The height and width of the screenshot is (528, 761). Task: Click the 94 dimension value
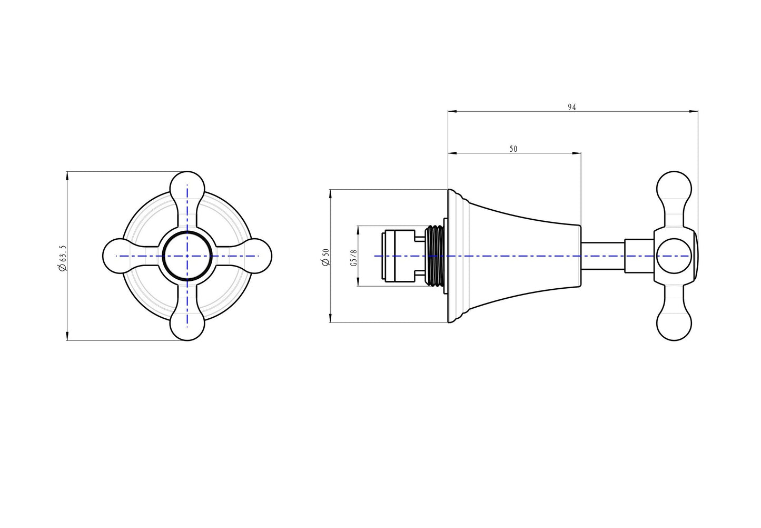572,107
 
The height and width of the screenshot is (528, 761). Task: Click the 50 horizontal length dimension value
513,149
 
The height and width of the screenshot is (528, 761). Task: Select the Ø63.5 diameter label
62,258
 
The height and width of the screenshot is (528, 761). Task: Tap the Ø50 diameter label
325,257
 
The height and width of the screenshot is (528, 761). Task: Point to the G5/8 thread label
354,258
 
